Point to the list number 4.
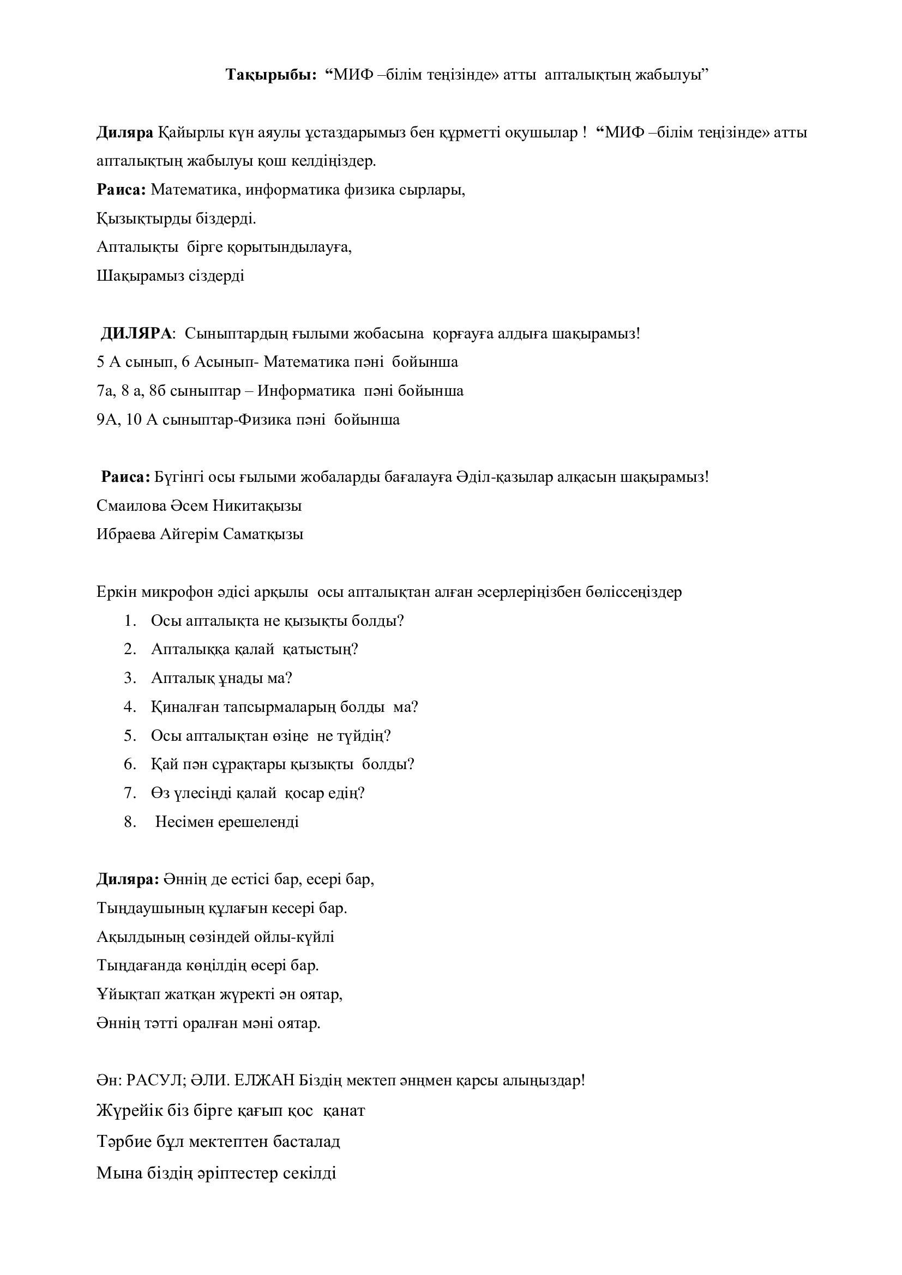(x=130, y=707)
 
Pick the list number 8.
(x=130, y=822)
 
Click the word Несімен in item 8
(x=181, y=822)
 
